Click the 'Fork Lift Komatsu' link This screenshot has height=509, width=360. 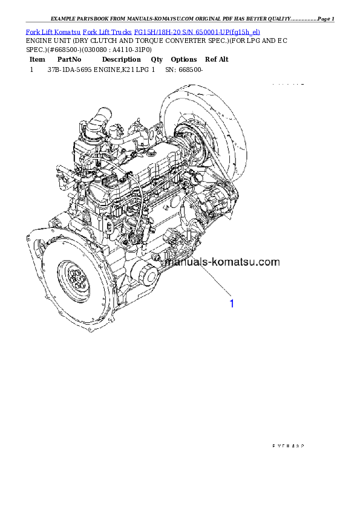tap(53, 31)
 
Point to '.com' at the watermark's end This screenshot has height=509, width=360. tap(269, 262)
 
